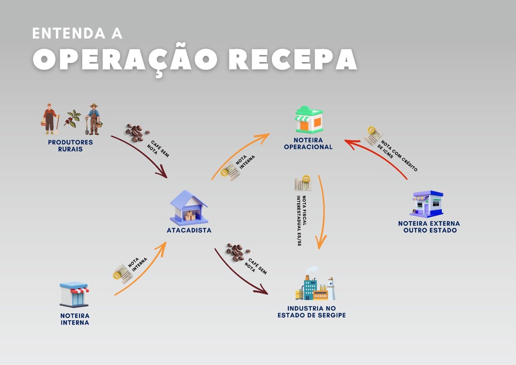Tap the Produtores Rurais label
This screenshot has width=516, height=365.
(x=70, y=145)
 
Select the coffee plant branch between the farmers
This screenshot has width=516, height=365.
(x=72, y=119)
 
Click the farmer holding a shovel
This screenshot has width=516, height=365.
(x=93, y=119)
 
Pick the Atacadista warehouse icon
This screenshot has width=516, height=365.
(x=188, y=207)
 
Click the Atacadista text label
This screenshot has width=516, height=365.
(x=189, y=230)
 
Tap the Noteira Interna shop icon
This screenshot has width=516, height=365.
(x=75, y=294)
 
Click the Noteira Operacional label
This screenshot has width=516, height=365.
(x=308, y=143)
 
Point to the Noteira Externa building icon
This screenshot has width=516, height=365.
(x=427, y=204)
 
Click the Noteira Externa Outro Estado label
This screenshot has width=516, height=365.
(x=429, y=227)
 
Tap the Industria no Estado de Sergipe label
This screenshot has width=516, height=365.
(x=311, y=312)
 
